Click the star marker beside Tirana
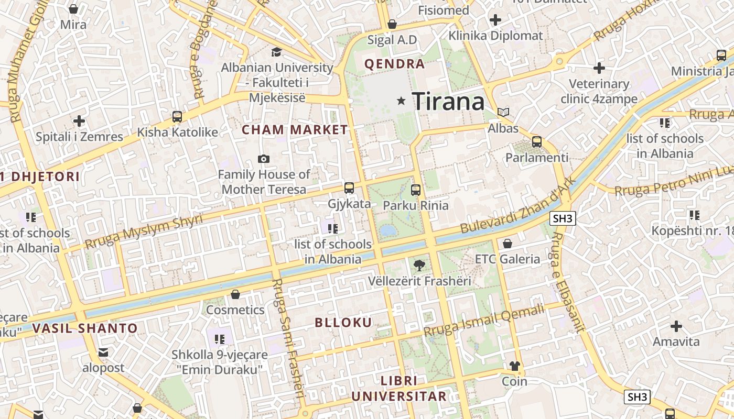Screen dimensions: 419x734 402,101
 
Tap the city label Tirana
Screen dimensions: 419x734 448,101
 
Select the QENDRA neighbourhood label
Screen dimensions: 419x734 394,64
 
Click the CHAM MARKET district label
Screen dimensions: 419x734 295,130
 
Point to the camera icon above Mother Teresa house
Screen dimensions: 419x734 264,159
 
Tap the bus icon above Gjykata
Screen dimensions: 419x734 349,188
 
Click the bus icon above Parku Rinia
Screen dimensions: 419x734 416,190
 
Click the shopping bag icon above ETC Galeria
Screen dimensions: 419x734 507,244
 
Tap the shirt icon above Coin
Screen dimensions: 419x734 514,366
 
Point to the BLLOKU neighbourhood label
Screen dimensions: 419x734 343,323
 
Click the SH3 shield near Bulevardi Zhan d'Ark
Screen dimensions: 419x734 563,218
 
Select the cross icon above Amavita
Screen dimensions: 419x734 676,326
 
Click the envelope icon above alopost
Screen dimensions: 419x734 103,352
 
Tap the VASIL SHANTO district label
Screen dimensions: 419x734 85,329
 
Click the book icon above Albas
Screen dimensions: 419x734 503,112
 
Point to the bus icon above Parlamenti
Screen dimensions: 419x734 536,141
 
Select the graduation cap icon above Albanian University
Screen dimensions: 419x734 276,52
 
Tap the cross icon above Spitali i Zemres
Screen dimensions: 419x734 79,122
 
